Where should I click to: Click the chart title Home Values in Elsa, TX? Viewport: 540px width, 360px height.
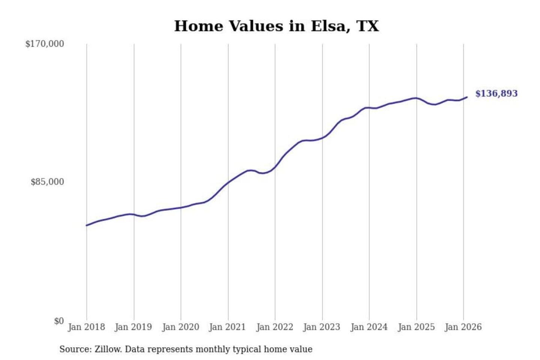coord(276,26)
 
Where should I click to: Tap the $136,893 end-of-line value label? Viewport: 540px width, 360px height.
coord(496,93)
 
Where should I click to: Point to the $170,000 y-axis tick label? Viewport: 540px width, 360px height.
coord(45,44)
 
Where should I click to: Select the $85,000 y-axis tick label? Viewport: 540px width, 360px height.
coord(47,182)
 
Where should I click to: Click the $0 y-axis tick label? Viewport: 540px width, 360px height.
coord(59,321)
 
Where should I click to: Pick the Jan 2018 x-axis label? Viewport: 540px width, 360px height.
coord(86,327)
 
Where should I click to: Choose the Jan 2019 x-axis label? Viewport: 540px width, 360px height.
coord(133,327)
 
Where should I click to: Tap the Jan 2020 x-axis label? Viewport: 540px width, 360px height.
coord(180,327)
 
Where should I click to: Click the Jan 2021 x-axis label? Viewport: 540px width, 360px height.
coord(227,327)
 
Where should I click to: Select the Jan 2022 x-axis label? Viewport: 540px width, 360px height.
coord(274,327)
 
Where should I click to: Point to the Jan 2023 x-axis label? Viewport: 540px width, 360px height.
coord(321,327)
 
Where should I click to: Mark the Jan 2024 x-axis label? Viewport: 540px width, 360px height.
coord(369,327)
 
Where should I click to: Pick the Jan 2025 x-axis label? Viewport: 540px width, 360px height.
coord(416,327)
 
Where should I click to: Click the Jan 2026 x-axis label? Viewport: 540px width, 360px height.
coord(463,327)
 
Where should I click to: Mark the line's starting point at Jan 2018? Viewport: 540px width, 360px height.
coord(87,225)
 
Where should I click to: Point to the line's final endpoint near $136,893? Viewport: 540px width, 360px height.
coord(467,97)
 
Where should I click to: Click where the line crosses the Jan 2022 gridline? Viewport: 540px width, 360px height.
coord(275,167)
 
